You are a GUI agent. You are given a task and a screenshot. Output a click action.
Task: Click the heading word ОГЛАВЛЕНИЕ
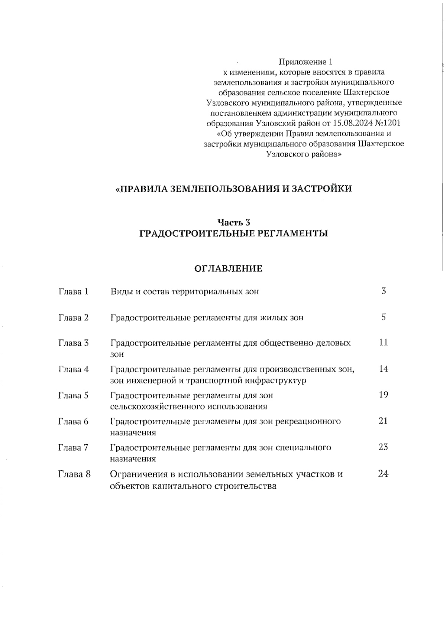tap(228, 268)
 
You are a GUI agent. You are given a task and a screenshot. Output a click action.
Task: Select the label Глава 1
tap(73, 291)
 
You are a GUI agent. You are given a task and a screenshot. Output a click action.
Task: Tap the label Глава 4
tap(73, 369)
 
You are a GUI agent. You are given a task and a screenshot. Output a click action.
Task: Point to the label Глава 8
tap(74, 474)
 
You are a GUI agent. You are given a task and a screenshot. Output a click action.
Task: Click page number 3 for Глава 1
tap(384, 291)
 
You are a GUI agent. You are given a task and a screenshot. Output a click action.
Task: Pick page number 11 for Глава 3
tap(383, 342)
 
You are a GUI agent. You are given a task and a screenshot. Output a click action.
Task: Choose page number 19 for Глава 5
tap(383, 395)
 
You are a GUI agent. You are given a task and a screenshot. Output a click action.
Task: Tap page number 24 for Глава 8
tap(383, 474)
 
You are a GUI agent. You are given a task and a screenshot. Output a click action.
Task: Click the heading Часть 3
tap(233, 222)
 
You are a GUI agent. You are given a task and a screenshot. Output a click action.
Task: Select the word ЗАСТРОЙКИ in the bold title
tap(321, 189)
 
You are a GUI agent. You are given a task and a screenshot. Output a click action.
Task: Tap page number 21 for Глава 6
tap(383, 421)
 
